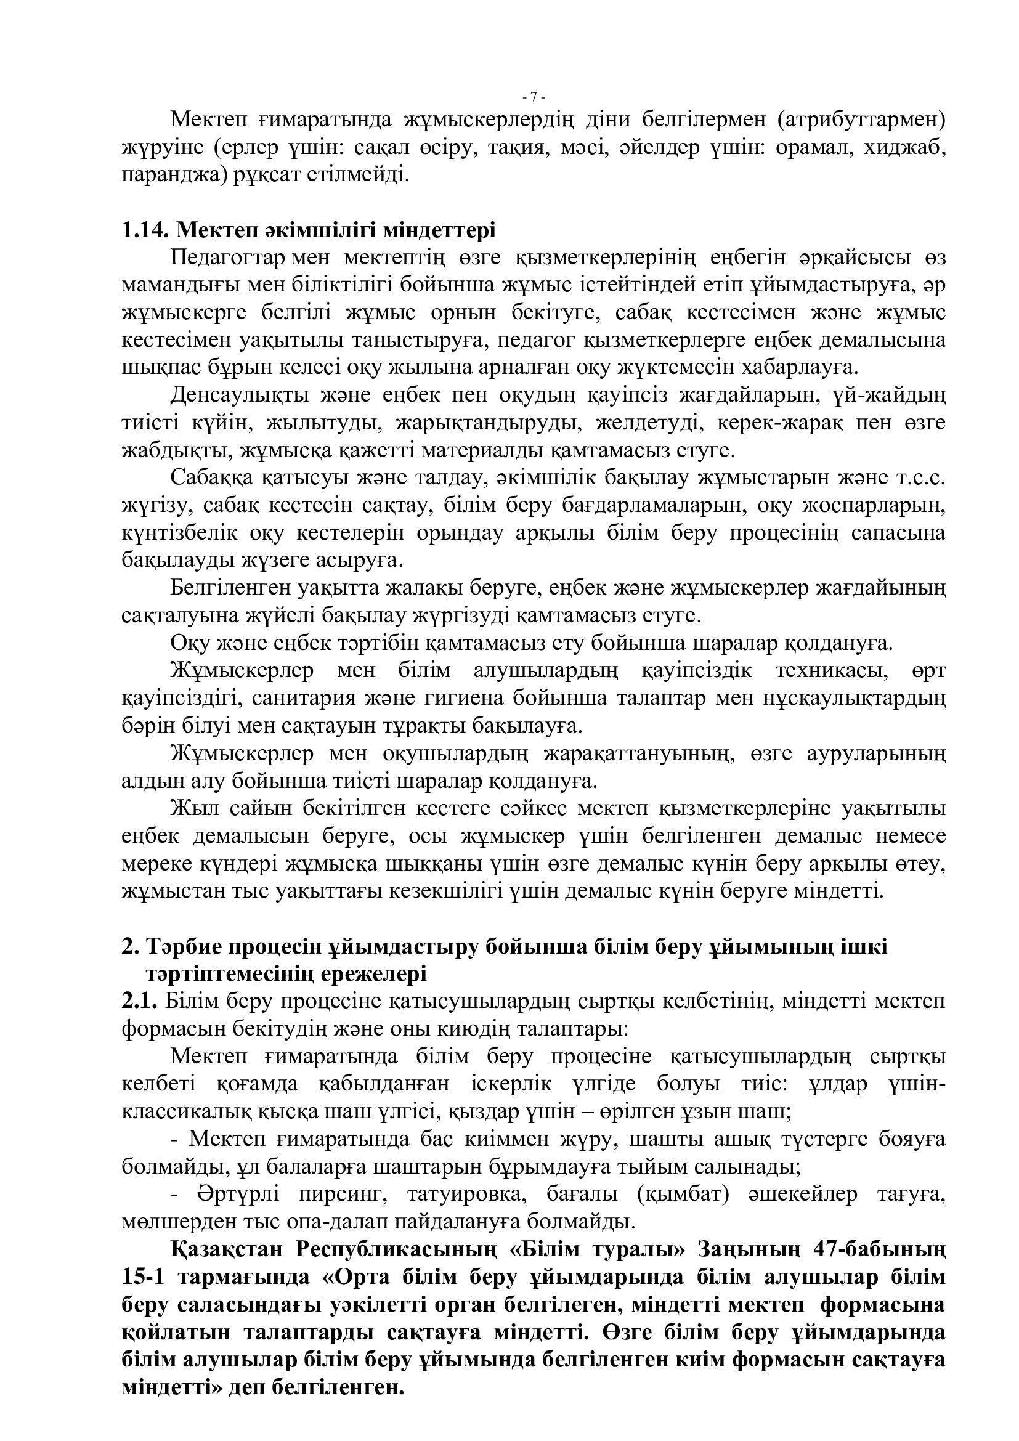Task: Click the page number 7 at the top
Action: click(x=534, y=97)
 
